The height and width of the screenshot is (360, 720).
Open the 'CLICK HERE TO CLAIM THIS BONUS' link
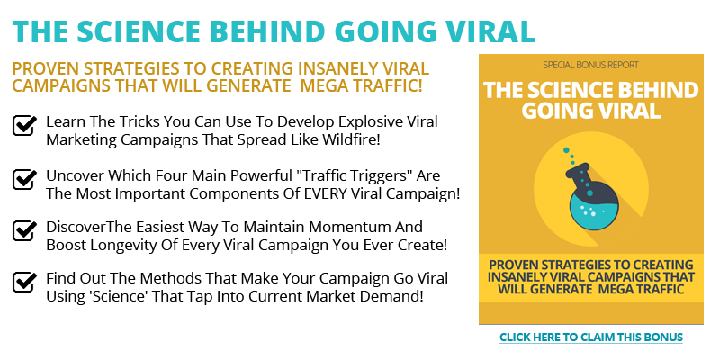591,337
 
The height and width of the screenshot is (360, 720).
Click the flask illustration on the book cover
591,195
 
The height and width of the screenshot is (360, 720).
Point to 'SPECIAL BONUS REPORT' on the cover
591,65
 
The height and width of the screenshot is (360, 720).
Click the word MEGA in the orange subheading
322,85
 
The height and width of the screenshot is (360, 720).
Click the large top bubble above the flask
567,150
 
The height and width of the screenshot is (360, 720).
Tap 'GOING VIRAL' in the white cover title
591,110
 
